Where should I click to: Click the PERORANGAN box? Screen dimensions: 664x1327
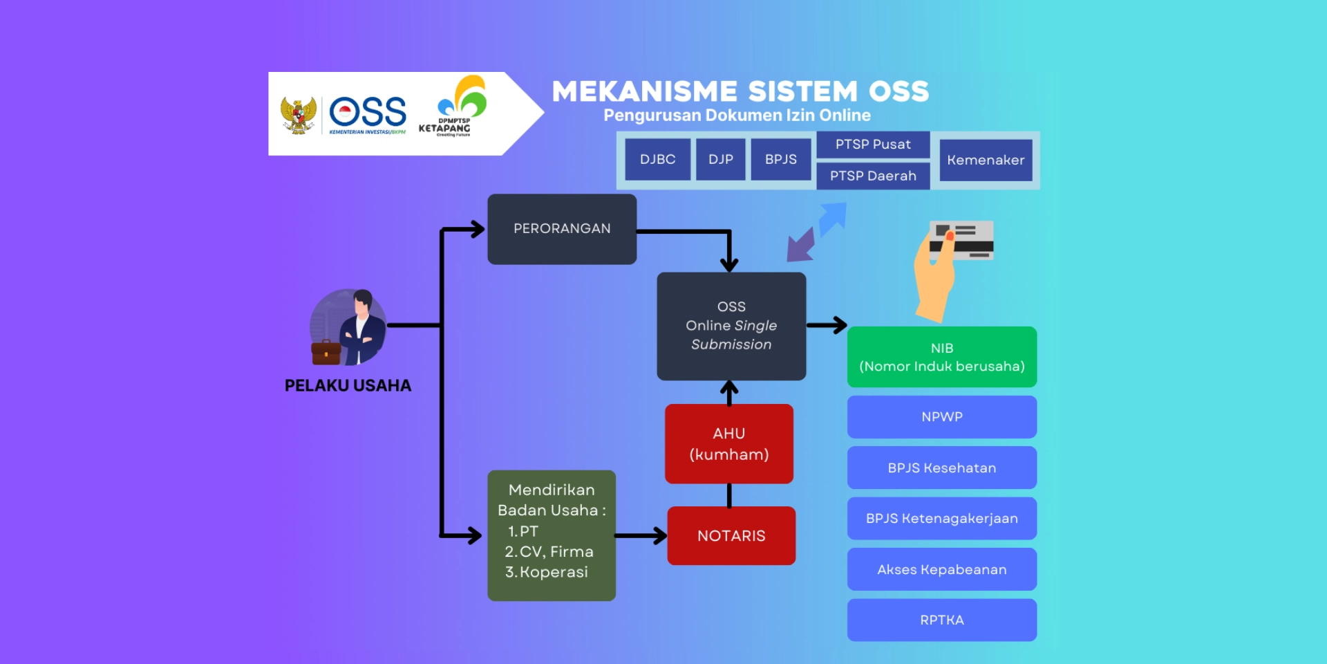[x=562, y=229]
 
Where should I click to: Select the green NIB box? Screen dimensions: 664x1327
[x=941, y=357]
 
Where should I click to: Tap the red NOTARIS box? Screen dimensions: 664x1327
[x=731, y=536]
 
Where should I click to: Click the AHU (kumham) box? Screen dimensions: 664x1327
[x=728, y=444]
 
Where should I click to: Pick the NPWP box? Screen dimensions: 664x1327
[x=941, y=417]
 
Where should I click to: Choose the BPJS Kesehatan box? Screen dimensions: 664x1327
[x=941, y=468]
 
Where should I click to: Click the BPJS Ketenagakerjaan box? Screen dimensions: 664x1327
[x=941, y=519]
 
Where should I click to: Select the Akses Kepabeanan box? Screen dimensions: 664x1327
[x=941, y=570]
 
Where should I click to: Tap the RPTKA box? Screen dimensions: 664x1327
[x=941, y=620]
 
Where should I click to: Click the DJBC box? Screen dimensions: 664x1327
[x=657, y=160]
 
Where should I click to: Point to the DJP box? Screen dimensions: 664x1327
[x=720, y=160]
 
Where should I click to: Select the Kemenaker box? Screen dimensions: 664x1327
[x=986, y=160]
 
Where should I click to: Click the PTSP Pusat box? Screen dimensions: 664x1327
[x=873, y=145]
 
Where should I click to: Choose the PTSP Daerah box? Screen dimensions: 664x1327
[x=873, y=176]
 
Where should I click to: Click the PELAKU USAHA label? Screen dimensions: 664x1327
[x=348, y=386]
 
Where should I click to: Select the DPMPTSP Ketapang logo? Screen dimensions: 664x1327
[x=456, y=107]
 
